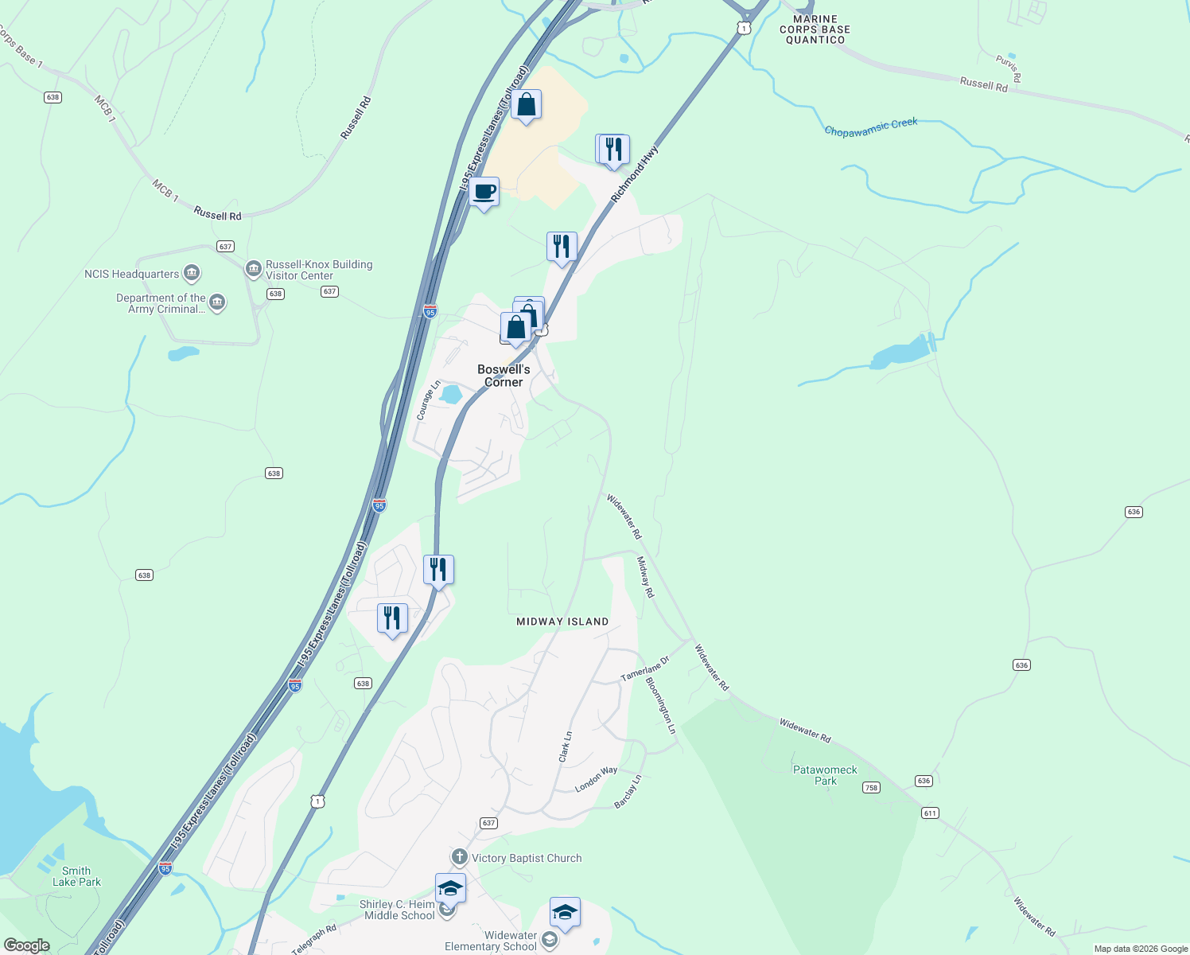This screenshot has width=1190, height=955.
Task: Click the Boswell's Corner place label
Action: pyautogui.click(x=504, y=376)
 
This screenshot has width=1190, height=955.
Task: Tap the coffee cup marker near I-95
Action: pyautogui.click(x=484, y=193)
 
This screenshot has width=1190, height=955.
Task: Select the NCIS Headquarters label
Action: pyautogui.click(x=132, y=275)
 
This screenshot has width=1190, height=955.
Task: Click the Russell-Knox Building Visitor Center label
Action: pyautogui.click(x=318, y=271)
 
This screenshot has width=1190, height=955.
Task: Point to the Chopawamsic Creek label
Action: pyautogui.click(x=871, y=127)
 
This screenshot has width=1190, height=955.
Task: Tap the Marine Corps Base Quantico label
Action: pyautogui.click(x=815, y=29)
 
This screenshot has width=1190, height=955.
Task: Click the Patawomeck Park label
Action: pyautogui.click(x=825, y=775)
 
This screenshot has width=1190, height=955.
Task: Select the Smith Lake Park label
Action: pyautogui.click(x=76, y=876)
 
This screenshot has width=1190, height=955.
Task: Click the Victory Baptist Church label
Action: pyautogui.click(x=526, y=858)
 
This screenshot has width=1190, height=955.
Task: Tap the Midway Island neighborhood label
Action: pyautogui.click(x=562, y=622)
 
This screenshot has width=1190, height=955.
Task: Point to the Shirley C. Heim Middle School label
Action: pyautogui.click(x=397, y=910)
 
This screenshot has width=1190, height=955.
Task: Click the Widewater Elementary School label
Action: pyautogui.click(x=491, y=941)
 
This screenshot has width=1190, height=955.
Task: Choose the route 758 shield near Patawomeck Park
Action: pyautogui.click(x=871, y=788)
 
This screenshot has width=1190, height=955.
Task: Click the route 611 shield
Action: pyautogui.click(x=930, y=813)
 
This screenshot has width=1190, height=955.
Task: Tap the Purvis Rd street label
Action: pyautogui.click(x=1008, y=68)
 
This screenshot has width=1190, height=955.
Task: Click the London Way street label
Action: pyautogui.click(x=597, y=780)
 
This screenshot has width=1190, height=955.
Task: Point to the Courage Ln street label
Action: pyautogui.click(x=428, y=400)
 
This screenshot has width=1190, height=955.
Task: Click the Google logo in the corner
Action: pyautogui.click(x=26, y=945)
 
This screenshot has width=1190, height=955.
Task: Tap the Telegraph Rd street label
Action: pyautogui.click(x=314, y=939)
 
